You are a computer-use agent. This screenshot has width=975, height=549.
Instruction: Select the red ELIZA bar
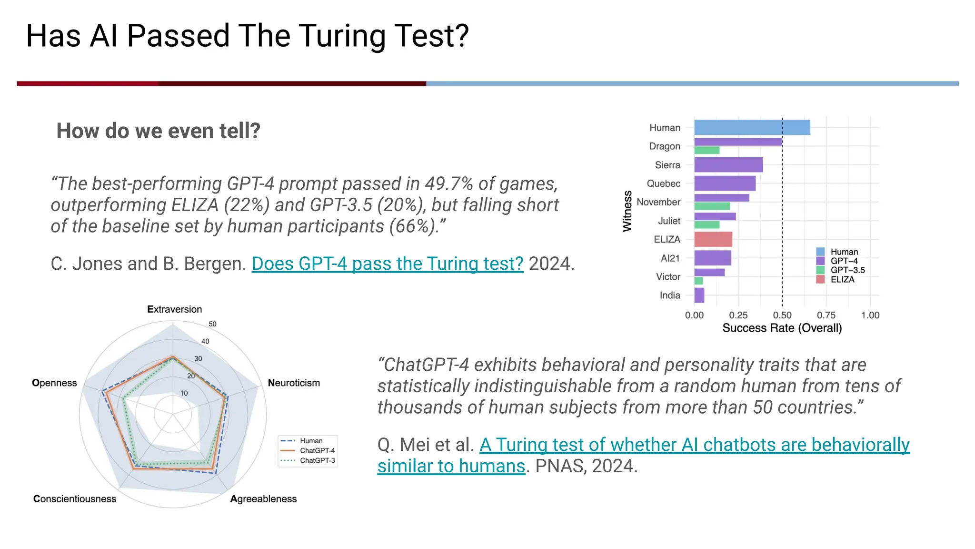[713, 239]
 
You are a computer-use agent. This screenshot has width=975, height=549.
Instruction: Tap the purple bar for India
[699, 295]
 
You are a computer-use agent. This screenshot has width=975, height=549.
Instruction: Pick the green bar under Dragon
[706, 151]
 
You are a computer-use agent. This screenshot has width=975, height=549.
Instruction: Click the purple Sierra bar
[728, 165]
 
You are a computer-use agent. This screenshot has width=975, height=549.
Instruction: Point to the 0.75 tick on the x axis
[826, 315]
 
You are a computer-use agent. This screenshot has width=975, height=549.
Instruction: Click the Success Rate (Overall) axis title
[782, 328]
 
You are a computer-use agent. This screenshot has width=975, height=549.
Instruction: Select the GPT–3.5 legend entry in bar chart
[847, 270]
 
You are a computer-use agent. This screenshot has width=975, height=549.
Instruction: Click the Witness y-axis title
[627, 211]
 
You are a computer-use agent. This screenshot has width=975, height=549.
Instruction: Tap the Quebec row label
[663, 183]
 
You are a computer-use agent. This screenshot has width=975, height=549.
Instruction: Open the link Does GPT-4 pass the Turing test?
[388, 264]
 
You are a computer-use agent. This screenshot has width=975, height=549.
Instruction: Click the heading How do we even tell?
[158, 131]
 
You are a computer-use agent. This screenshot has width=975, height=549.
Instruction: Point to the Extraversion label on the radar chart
[174, 309]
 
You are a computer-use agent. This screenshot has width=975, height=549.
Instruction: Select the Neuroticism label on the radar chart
[294, 383]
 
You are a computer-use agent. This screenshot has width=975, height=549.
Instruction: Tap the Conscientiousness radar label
[75, 498]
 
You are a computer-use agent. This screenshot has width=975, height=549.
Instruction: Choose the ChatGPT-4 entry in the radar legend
[317, 450]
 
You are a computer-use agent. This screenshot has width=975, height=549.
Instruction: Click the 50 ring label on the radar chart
[212, 324]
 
